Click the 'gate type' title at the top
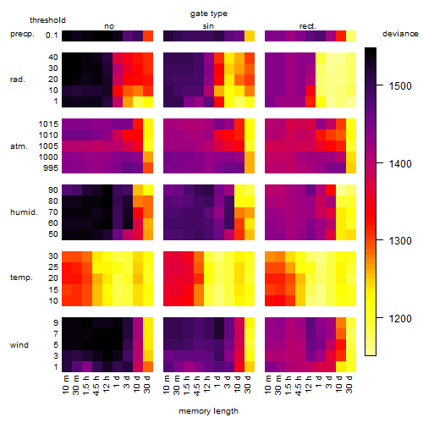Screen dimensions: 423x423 pyautogui.click(x=209, y=14)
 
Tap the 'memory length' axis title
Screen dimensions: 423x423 pyautogui.click(x=208, y=411)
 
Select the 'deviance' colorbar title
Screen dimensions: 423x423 pyautogui.click(x=400, y=34)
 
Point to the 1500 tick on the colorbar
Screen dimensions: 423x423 pyautogui.click(x=380, y=85)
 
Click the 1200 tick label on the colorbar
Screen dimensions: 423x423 pyautogui.click(x=400, y=319)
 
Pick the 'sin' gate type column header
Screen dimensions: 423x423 pyautogui.click(x=208, y=26)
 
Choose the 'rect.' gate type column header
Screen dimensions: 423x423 pyautogui.click(x=307, y=26)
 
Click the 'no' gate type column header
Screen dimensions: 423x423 pyautogui.click(x=109, y=26)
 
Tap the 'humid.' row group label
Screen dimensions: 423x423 pyautogui.click(x=24, y=212)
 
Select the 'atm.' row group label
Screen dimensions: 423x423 pyautogui.click(x=19, y=146)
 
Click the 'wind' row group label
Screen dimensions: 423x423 pyautogui.click(x=19, y=345)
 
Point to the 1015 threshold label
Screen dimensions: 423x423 pyautogui.click(x=48, y=124)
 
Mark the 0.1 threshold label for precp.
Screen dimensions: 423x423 pyautogui.click(x=52, y=36)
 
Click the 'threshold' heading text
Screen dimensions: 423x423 pyautogui.click(x=47, y=20)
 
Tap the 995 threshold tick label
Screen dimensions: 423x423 pyautogui.click(x=51, y=168)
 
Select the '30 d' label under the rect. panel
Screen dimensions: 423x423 pyautogui.click(x=349, y=384)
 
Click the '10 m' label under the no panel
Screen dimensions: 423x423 pyautogui.click(x=65, y=384)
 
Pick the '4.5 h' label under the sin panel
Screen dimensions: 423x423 pyautogui.click(x=197, y=385)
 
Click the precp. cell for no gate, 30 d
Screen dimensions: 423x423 pyautogui.click(x=148, y=36)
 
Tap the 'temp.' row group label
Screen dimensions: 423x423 pyautogui.click(x=21, y=277)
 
